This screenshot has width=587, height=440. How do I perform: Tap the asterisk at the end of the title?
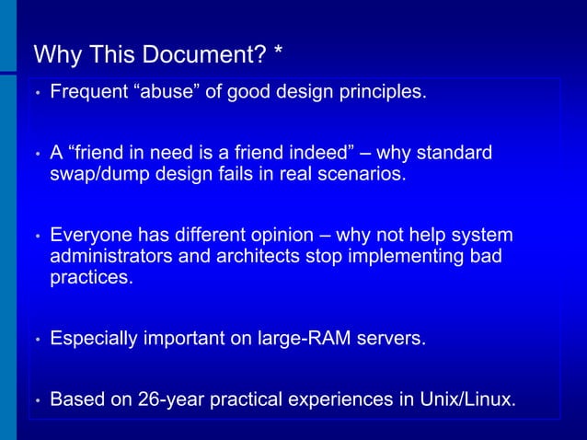(277, 53)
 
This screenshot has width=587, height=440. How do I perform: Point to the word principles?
(382, 92)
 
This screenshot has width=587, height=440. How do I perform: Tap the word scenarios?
(359, 174)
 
